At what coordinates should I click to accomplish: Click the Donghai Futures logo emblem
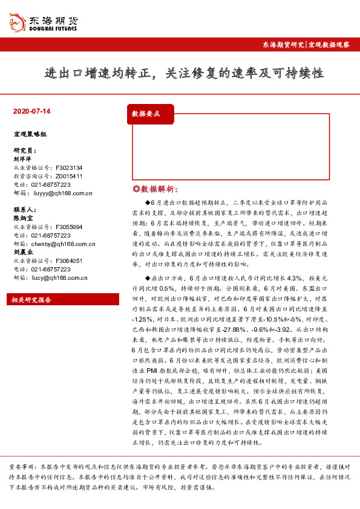point(16,22)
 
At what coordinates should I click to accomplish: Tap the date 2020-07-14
point(31,112)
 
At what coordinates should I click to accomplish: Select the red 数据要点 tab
point(146,113)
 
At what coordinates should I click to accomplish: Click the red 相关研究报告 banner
point(33,300)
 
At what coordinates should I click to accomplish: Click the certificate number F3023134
point(68,167)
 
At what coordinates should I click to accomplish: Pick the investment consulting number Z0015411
point(68,176)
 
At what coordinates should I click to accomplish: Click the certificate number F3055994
point(68,227)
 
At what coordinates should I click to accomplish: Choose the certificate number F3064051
point(68,261)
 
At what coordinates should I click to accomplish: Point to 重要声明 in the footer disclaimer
point(21,468)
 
